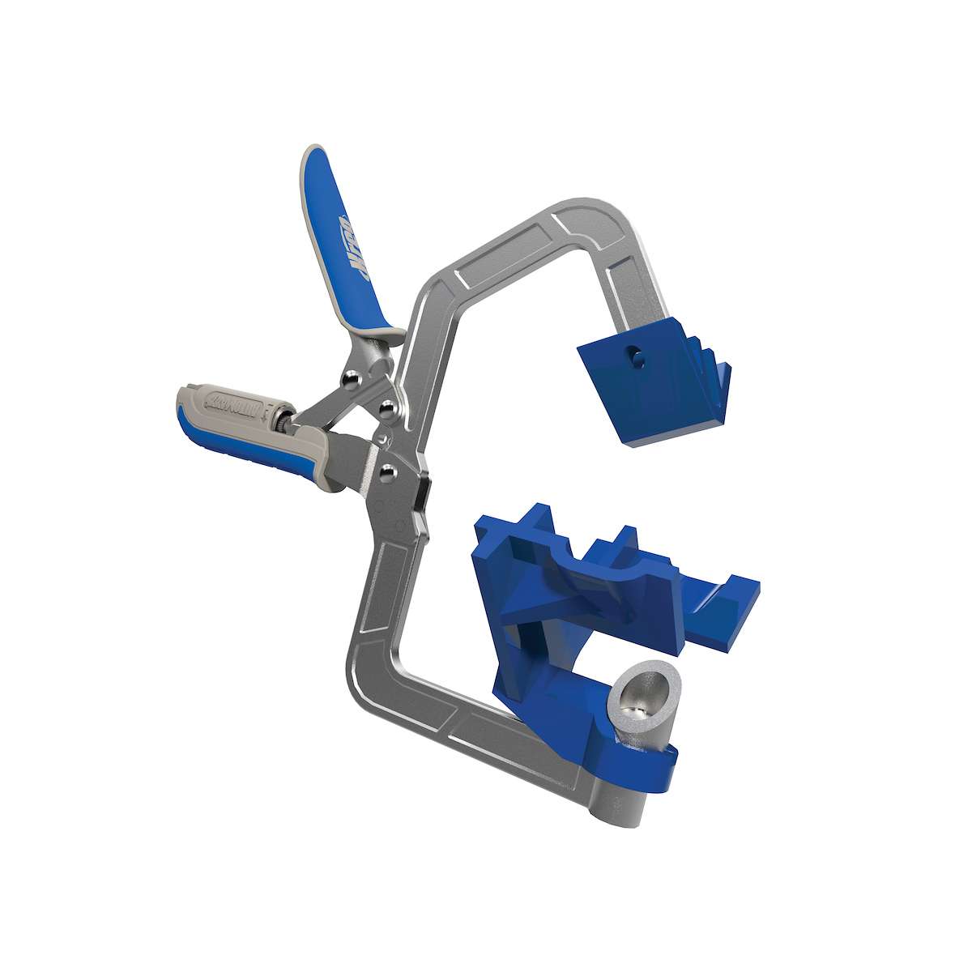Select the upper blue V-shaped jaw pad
(x=648, y=381)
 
